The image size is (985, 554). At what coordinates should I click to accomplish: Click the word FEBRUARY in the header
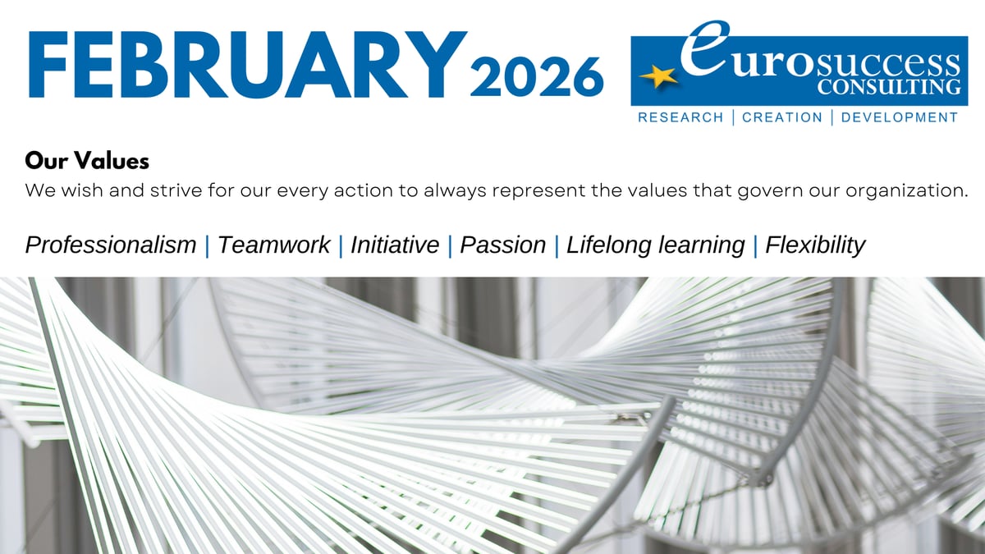pyautogui.click(x=248, y=64)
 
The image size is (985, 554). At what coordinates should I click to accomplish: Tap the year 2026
pyautogui.click(x=537, y=76)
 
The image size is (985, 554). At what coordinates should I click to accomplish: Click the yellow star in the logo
pyautogui.click(x=657, y=76)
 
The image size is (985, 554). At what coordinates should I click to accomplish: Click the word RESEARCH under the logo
pyautogui.click(x=680, y=117)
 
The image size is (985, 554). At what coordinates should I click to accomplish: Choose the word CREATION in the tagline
pyautogui.click(x=782, y=117)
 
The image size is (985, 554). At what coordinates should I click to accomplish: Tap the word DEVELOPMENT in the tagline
pyautogui.click(x=900, y=117)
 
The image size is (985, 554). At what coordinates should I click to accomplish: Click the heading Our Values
pyautogui.click(x=87, y=161)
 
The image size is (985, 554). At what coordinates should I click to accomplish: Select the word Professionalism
pyautogui.click(x=111, y=245)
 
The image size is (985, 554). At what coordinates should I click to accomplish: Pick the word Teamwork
pyautogui.click(x=273, y=245)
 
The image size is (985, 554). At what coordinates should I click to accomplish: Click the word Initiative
pyautogui.click(x=395, y=245)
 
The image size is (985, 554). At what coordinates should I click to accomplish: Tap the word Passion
pyautogui.click(x=502, y=245)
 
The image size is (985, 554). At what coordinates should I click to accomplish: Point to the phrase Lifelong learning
pyautogui.click(x=656, y=245)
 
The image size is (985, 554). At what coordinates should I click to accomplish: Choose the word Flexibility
pyautogui.click(x=815, y=245)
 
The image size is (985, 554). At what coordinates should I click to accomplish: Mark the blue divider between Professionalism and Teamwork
pyautogui.click(x=207, y=245)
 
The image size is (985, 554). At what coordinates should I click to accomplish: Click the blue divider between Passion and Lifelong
pyautogui.click(x=557, y=245)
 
